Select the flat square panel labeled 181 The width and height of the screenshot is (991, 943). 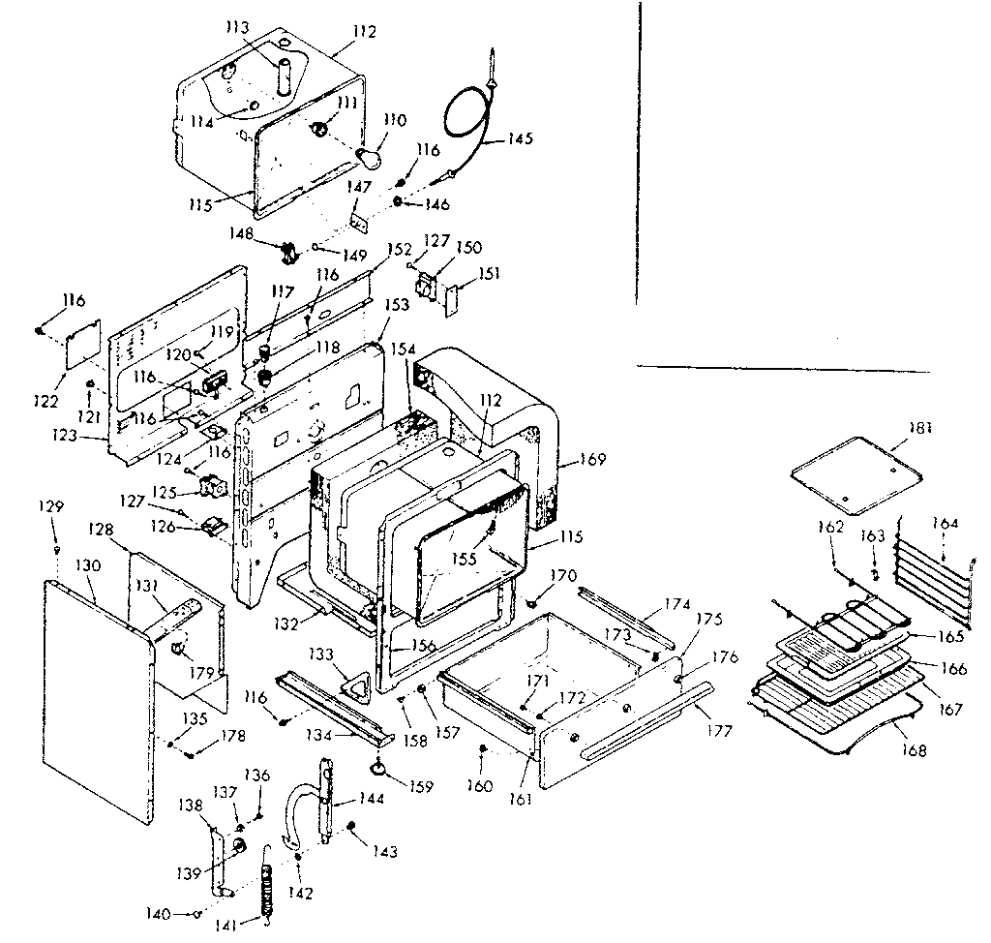(851, 471)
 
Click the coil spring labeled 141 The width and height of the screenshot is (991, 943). (268, 890)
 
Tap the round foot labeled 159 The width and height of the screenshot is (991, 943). (376, 769)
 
